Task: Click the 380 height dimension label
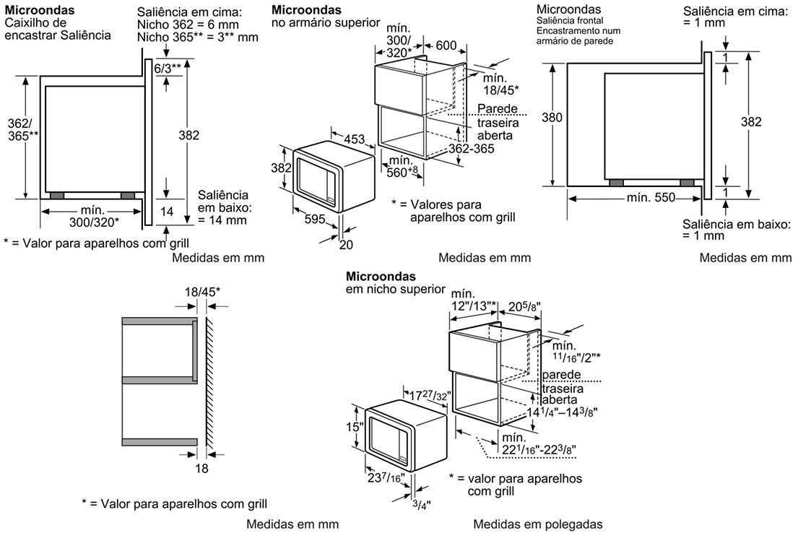tap(552, 118)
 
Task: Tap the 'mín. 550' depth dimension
tap(651, 197)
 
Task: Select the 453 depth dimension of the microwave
tap(354, 139)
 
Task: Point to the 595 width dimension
tap(315, 219)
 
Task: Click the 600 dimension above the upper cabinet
tap(446, 45)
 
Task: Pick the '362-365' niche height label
tap(472, 149)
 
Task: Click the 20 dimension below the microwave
tap(346, 245)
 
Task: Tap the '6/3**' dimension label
tap(168, 68)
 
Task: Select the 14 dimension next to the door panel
tap(167, 212)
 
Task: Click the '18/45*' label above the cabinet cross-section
tap(202, 292)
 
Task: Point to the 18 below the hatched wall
tap(202, 468)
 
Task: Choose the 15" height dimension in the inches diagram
tap(354, 427)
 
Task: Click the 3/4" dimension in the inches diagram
tap(422, 505)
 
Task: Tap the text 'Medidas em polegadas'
tap(538, 524)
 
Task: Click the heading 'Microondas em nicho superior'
tap(396, 282)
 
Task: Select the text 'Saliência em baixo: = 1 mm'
tap(736, 230)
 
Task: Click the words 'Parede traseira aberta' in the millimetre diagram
tap(498, 122)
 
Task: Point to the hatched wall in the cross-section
tap(209, 382)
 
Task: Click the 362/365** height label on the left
tap(23, 129)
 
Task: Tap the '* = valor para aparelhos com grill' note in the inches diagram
tap(516, 485)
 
